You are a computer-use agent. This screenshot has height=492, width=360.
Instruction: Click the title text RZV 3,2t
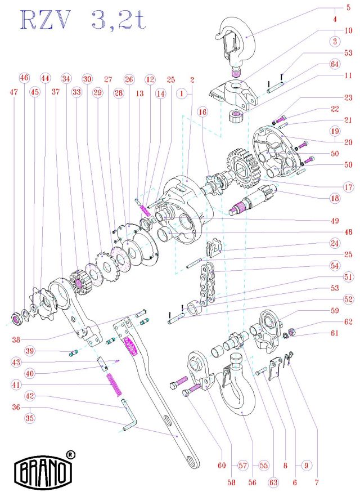83,20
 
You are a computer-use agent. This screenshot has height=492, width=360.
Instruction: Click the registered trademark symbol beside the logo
71,454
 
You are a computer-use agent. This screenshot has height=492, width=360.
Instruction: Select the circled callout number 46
24,78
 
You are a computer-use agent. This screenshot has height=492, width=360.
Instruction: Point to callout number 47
13,92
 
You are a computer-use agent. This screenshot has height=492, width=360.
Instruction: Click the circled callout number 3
335,41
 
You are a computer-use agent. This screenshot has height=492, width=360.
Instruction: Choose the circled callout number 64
335,64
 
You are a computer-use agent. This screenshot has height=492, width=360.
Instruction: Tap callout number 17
348,187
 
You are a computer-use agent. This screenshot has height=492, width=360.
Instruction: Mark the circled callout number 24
335,243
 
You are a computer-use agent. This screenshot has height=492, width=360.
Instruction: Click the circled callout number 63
273,482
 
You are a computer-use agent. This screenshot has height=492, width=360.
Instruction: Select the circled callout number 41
17,384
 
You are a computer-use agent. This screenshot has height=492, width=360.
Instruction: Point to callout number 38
16,339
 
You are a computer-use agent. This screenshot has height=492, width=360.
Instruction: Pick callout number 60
222,466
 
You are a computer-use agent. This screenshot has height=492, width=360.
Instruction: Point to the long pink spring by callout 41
114,384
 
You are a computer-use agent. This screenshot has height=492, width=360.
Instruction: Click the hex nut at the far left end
16,319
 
